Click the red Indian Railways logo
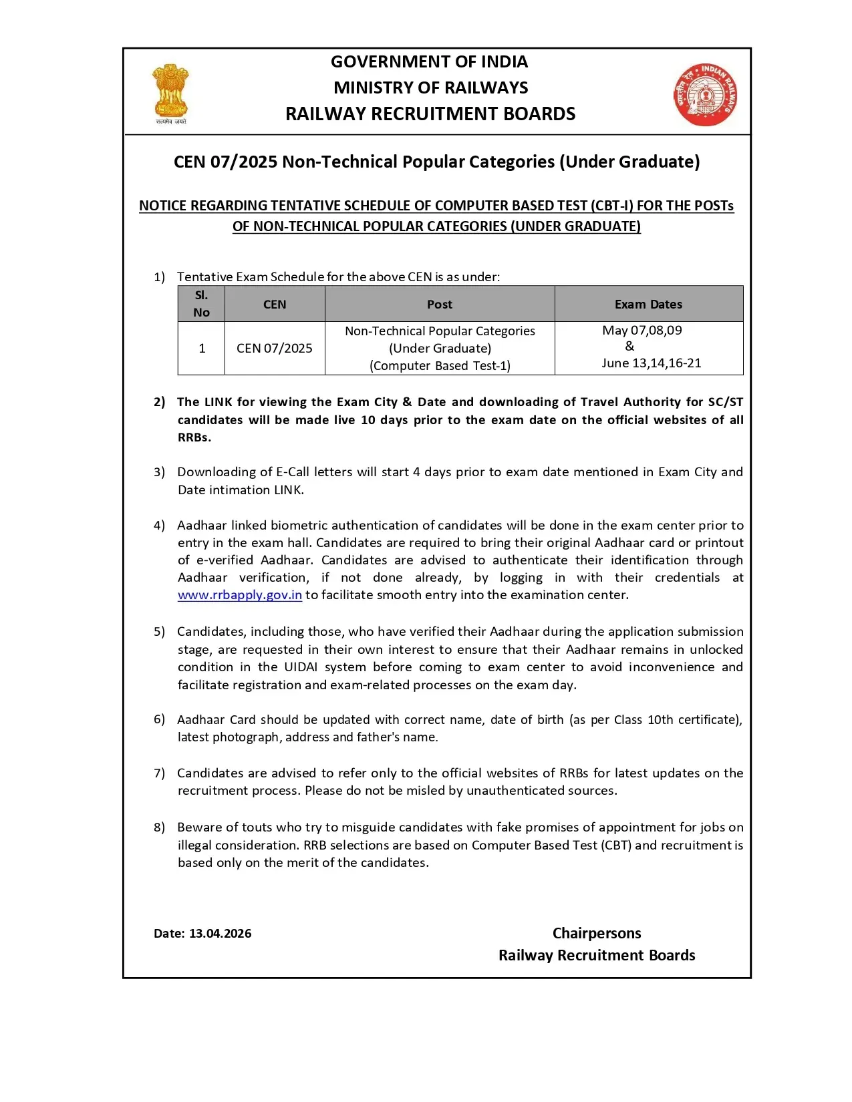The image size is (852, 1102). coord(706,96)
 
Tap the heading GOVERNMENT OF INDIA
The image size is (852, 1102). coord(429,62)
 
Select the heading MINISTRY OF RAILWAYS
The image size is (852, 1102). coord(430,88)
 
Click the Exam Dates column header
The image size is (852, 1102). coord(648,305)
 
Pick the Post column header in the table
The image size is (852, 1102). coord(439,305)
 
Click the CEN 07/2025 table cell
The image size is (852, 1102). coord(274,349)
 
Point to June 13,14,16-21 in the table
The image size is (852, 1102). coord(651,363)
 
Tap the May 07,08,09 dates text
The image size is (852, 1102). coord(642,331)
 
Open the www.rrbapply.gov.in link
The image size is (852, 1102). coord(239,595)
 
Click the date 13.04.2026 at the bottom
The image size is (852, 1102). coord(220,934)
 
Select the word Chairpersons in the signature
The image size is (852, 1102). coord(596,934)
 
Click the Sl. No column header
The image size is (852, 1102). coord(201,304)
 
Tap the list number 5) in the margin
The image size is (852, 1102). coord(159,632)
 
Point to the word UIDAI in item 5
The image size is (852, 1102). coord(301,667)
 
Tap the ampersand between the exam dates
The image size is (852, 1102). coord(629,347)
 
